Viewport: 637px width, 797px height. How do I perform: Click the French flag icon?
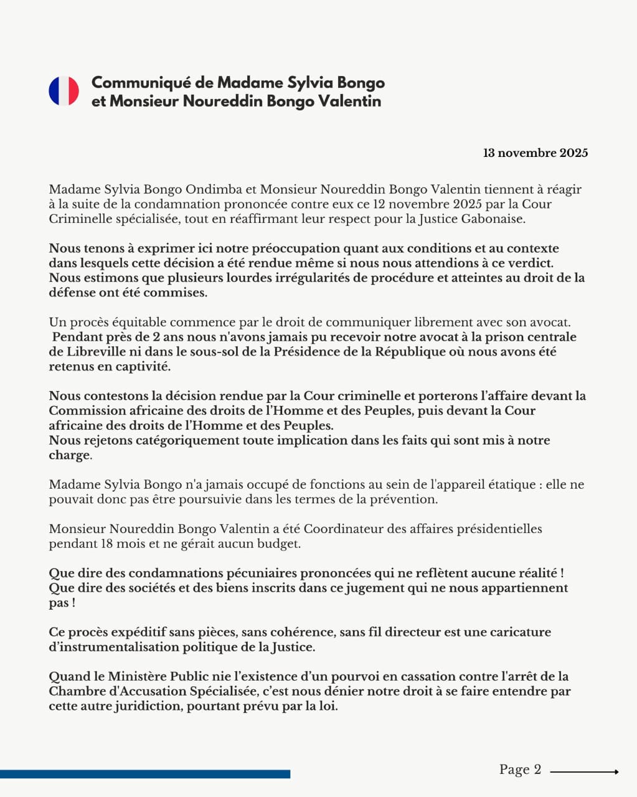[x=64, y=91]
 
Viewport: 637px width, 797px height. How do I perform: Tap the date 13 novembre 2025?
[x=536, y=153]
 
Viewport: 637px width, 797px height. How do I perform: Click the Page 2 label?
[x=520, y=770]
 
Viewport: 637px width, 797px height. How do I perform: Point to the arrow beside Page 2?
[x=584, y=772]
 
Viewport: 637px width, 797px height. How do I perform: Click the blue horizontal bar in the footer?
[x=145, y=774]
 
